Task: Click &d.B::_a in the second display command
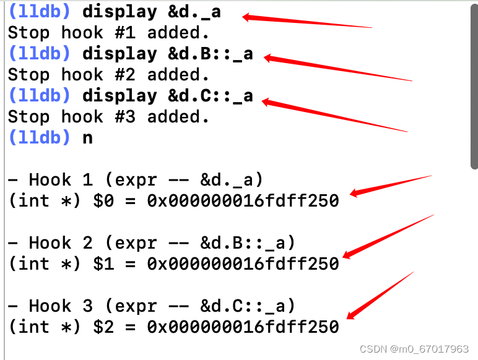click(211, 54)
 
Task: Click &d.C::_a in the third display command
click(211, 96)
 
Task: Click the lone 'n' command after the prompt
click(87, 138)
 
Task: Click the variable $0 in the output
click(103, 201)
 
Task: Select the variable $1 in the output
click(103, 264)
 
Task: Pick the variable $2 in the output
click(103, 327)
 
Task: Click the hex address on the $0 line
click(243, 201)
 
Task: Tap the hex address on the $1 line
click(243, 264)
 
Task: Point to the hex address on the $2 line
click(243, 327)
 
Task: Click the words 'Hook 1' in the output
click(61, 180)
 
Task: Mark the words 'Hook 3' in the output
click(61, 306)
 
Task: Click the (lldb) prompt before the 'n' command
click(40, 138)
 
